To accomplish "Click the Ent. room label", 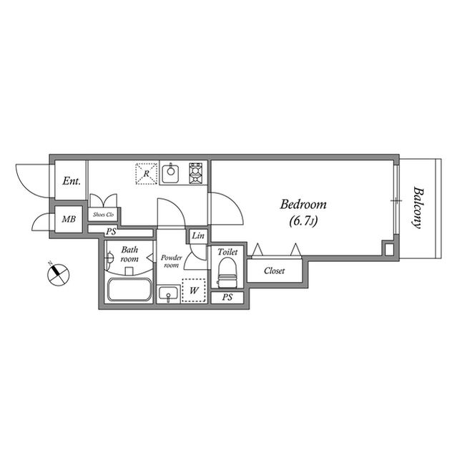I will tap(71, 181).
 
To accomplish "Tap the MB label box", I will tap(69, 219).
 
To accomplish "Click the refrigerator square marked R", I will tap(147, 174).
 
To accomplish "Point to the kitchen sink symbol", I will tap(170, 173).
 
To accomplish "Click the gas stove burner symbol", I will tap(196, 173).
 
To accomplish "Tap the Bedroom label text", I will tap(303, 204).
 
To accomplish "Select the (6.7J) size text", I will tap(303, 221).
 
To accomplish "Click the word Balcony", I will tap(418, 208).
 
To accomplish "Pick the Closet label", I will tap(275, 271).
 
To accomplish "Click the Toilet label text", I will tap(227, 252).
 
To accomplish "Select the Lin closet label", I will tap(198, 236).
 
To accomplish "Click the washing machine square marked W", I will tap(193, 291).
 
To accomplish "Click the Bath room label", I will tap(129, 254).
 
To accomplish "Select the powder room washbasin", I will tap(169, 293).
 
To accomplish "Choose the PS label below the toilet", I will tap(227, 297).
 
